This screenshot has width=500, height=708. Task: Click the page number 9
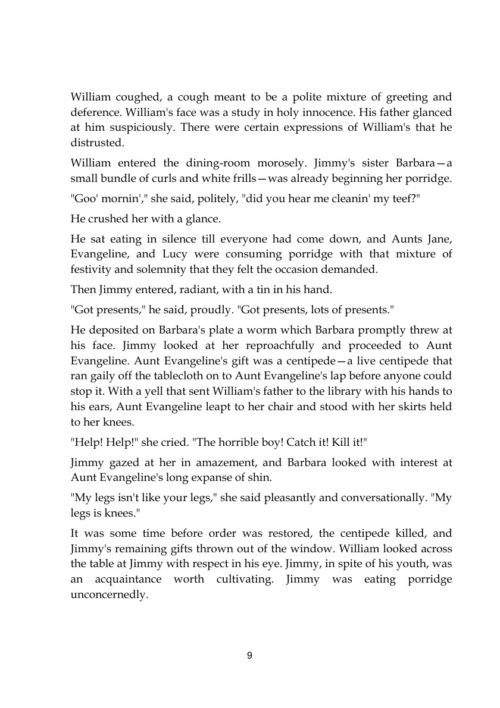point(249,656)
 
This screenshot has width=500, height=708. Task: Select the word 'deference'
point(95,112)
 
